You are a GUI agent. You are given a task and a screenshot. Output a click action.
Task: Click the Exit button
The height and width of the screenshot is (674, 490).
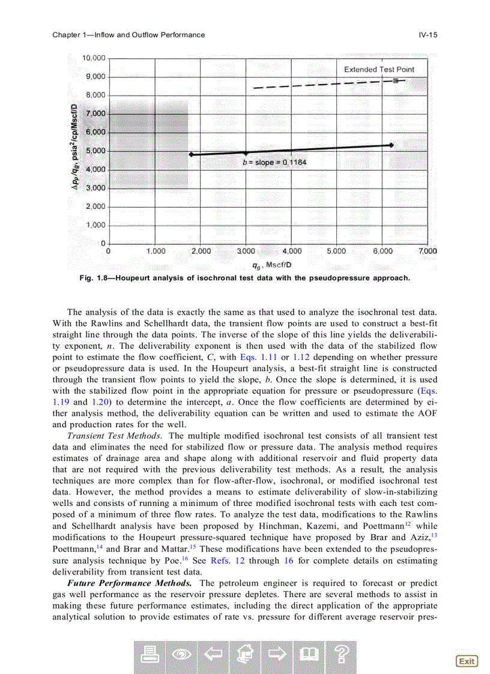467,661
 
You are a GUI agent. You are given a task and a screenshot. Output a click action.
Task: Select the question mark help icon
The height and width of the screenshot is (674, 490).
341,657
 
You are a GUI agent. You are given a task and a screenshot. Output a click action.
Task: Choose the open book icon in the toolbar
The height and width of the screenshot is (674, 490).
309,657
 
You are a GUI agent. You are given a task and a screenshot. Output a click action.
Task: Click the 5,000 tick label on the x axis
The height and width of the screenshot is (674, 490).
336,251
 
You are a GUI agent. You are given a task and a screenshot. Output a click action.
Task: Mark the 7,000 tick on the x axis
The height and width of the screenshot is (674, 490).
427,251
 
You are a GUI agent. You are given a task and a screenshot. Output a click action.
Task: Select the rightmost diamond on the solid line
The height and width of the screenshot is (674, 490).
392,145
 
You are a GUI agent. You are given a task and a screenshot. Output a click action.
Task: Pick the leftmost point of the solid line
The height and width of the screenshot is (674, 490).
191,154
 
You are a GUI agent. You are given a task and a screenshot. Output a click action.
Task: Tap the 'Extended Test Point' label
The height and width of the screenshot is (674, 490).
379,70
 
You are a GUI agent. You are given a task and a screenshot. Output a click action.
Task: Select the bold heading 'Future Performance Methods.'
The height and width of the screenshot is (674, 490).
129,583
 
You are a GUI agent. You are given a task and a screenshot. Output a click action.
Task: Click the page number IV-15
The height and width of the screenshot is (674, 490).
428,35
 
